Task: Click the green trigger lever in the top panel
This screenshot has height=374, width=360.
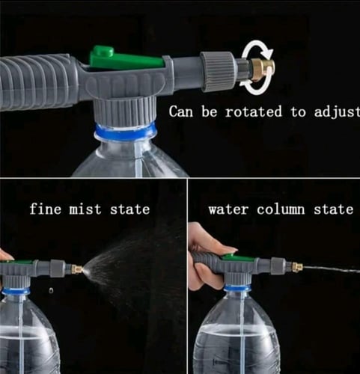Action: [x=126, y=58]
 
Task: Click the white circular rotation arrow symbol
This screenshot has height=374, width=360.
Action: [x=256, y=67]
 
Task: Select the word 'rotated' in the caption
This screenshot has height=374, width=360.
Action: [x=253, y=111]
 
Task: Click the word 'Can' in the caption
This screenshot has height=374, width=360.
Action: [x=181, y=111]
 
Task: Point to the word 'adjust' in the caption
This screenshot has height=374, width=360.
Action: [x=337, y=112]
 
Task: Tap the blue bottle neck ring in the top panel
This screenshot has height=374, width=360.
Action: [x=126, y=129]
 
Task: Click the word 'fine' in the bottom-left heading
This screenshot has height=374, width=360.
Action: [x=45, y=209]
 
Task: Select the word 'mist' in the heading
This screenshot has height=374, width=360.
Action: [x=85, y=209]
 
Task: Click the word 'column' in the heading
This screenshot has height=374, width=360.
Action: [x=281, y=209]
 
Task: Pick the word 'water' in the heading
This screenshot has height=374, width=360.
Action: [x=228, y=209]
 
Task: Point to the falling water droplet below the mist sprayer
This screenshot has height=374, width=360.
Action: [x=51, y=290]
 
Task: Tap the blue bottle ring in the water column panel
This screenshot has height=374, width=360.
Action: [x=237, y=289]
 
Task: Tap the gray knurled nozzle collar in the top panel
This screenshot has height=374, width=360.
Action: [x=218, y=72]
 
